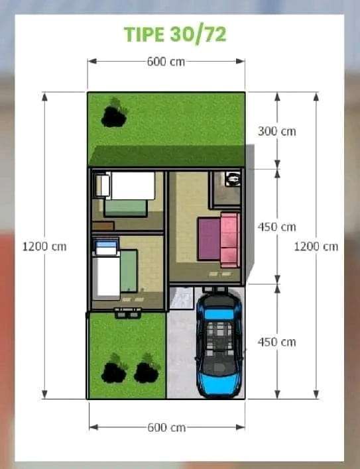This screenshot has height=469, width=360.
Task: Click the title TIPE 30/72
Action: [175, 34]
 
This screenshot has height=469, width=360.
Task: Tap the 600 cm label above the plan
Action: [166, 62]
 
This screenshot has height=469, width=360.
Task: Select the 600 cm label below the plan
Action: [166, 427]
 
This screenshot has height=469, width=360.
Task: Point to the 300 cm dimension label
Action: [277, 131]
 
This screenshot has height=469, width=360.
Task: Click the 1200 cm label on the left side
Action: [44, 246]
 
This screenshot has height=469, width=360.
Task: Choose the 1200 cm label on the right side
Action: [316, 246]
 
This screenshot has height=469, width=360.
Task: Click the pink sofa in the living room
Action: [230, 240]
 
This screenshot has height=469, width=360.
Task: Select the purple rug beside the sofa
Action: [210, 239]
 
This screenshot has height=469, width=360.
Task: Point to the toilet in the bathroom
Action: [233, 179]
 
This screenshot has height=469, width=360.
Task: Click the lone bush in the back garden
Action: [114, 113]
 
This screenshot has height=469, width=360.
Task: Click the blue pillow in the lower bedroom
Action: [106, 244]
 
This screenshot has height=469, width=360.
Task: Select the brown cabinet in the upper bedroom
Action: [103, 226]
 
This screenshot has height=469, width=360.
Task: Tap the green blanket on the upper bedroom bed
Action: [126, 208]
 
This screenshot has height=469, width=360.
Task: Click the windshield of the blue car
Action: [219, 315]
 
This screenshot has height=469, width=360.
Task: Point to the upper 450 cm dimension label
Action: [277, 227]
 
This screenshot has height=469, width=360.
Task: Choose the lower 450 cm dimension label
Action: [277, 342]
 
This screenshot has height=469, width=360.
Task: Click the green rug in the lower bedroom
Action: [129, 271]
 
